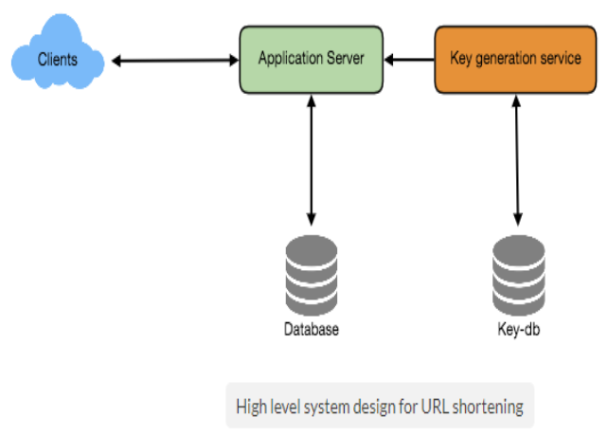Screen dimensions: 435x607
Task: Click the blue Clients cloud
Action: (x=57, y=61)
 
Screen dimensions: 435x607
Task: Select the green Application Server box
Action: (x=312, y=60)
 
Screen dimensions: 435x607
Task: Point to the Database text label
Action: (x=312, y=331)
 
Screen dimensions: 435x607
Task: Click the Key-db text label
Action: (x=519, y=331)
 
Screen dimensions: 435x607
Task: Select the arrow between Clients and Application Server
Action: (x=173, y=61)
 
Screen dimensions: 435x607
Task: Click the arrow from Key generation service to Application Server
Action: (x=409, y=61)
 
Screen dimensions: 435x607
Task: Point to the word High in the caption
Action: (x=252, y=407)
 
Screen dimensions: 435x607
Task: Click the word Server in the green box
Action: (x=345, y=59)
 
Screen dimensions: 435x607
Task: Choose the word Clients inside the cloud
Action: (x=57, y=61)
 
